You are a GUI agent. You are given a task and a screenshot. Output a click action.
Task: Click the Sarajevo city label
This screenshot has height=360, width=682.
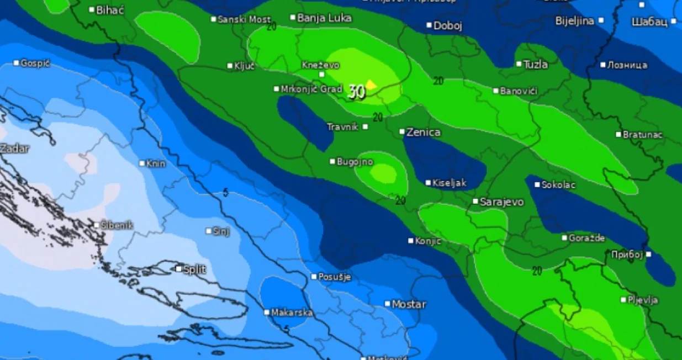pyautogui.click(x=501, y=202)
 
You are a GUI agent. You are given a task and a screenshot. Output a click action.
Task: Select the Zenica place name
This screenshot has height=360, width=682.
pyautogui.click(x=423, y=133)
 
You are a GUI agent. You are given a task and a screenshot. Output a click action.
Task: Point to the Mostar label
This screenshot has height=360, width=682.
pyautogui.click(x=409, y=304)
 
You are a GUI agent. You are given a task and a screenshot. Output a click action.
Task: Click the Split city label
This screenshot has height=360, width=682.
pyautogui.click(x=194, y=269)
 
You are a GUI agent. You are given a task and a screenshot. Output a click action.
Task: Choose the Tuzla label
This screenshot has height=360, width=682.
pyautogui.click(x=535, y=65)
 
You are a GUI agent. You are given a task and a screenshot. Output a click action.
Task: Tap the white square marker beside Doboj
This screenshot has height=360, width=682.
pyautogui.click(x=429, y=25)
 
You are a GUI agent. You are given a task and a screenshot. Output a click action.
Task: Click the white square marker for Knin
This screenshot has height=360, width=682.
pyautogui.click(x=142, y=163)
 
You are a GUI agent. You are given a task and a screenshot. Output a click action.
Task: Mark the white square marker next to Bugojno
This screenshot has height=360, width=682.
pyautogui.click(x=332, y=162)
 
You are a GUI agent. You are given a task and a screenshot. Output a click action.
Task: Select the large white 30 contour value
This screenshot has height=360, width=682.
pyautogui.click(x=357, y=92)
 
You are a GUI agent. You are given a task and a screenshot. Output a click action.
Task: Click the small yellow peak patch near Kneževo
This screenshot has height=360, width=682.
pyautogui.click(x=372, y=84)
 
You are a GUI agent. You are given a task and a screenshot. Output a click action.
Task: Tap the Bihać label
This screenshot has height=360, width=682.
pyautogui.click(x=110, y=10)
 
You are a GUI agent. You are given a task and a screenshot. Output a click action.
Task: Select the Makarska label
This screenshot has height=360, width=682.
pyautogui.click(x=292, y=313)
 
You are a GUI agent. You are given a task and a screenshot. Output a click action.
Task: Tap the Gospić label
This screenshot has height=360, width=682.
pyautogui.click(x=35, y=63)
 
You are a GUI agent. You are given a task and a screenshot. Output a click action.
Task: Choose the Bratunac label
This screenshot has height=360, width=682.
pyautogui.click(x=643, y=135)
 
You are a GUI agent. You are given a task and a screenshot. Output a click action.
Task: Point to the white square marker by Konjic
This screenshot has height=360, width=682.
pyautogui.click(x=411, y=241)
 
